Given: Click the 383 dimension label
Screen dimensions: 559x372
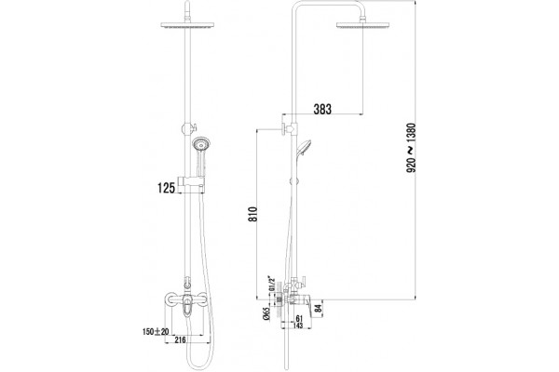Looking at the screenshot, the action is pos(322,109).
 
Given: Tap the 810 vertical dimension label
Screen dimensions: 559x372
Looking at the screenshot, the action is pos(252,214).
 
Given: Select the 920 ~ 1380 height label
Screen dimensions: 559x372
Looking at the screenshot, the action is pos(411,148).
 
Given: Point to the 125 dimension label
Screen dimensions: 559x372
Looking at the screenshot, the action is pos(166,188).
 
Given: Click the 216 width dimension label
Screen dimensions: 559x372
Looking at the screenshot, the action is pos(181,340).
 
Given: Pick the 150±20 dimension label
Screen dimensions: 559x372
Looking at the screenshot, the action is pos(156,331).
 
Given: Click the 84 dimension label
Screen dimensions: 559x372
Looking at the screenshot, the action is pos(319,307).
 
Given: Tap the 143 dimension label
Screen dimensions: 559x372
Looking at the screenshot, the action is pos(297,325).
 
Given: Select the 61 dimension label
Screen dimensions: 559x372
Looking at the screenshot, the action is pos(299,319).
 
